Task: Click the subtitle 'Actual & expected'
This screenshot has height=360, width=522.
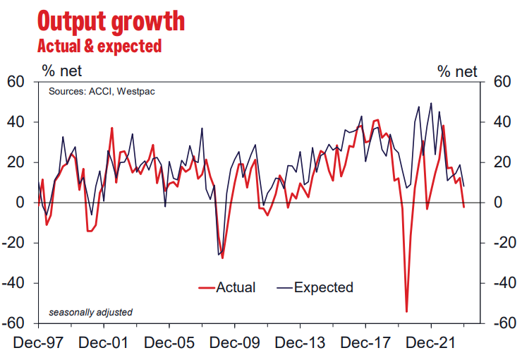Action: [x=99, y=47]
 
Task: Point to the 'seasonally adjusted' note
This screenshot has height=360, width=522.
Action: [x=90, y=312]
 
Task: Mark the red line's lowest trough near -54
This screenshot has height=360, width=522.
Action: [x=407, y=311]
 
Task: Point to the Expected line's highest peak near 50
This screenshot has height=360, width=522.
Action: [x=431, y=103]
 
